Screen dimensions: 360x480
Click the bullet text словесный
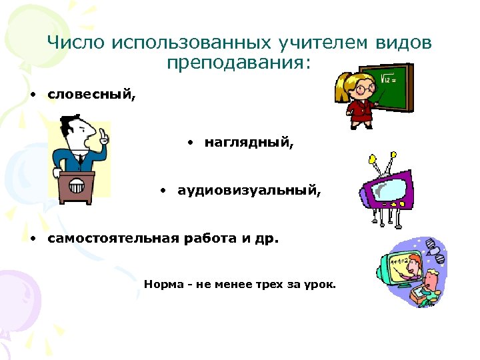point(91,94)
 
